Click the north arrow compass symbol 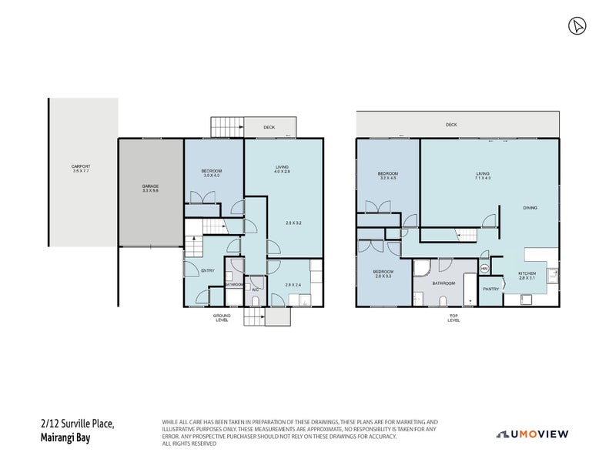(575, 26)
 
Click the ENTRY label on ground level (208, 270)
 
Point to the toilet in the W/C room (256, 299)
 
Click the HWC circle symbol (484, 268)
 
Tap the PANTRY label (490, 289)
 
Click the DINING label (530, 208)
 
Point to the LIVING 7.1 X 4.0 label (483, 176)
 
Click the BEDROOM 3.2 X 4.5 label (388, 176)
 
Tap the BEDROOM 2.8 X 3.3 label (383, 274)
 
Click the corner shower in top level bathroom (422, 268)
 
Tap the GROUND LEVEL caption (222, 318)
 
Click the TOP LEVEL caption (453, 318)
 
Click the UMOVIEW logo (532, 434)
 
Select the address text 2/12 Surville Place (77, 423)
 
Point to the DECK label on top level (450, 124)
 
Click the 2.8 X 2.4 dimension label (293, 286)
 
